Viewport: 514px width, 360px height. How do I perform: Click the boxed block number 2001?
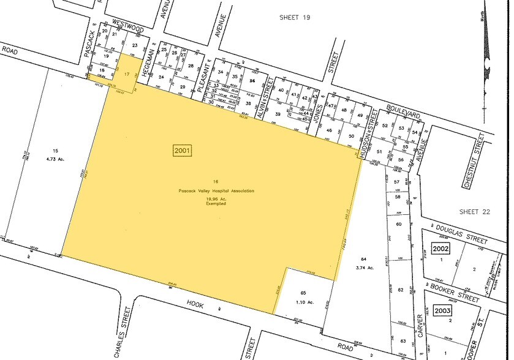click(183, 149)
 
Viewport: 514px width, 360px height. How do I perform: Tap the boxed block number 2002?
click(440, 249)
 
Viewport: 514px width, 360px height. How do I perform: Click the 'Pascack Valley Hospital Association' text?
click(216, 191)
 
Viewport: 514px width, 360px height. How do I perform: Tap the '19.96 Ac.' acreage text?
click(216, 198)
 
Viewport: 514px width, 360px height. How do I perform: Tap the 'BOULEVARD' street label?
click(403, 114)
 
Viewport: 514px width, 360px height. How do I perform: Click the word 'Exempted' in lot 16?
click(216, 203)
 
